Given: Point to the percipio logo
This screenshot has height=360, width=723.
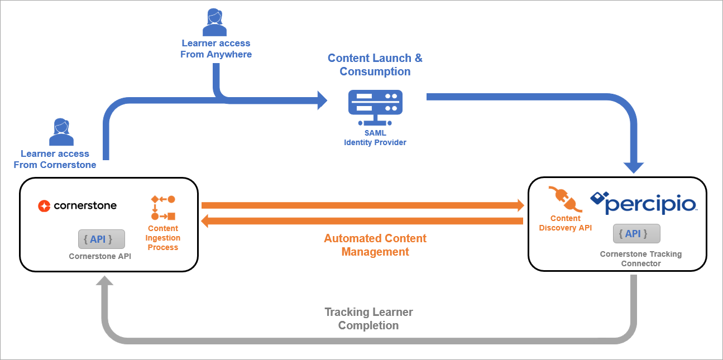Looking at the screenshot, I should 643,203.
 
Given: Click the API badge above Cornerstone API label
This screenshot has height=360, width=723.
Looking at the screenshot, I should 101,239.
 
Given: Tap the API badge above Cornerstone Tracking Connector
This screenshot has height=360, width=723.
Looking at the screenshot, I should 636,234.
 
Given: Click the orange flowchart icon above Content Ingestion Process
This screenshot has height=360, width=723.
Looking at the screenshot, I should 163,208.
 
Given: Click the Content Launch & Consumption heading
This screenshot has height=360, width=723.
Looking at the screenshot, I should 375,65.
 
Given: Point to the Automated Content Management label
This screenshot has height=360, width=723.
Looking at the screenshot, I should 375,245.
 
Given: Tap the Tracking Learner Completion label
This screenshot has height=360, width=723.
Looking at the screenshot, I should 368,318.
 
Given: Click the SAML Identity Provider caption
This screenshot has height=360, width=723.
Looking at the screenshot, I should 375,138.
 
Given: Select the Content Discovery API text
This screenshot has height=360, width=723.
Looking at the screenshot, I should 565,223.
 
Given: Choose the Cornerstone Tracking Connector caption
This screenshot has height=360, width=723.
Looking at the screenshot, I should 641,258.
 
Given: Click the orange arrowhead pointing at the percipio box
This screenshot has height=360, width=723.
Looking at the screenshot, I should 520,205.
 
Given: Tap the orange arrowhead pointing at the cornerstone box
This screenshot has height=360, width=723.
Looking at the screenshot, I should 205,222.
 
